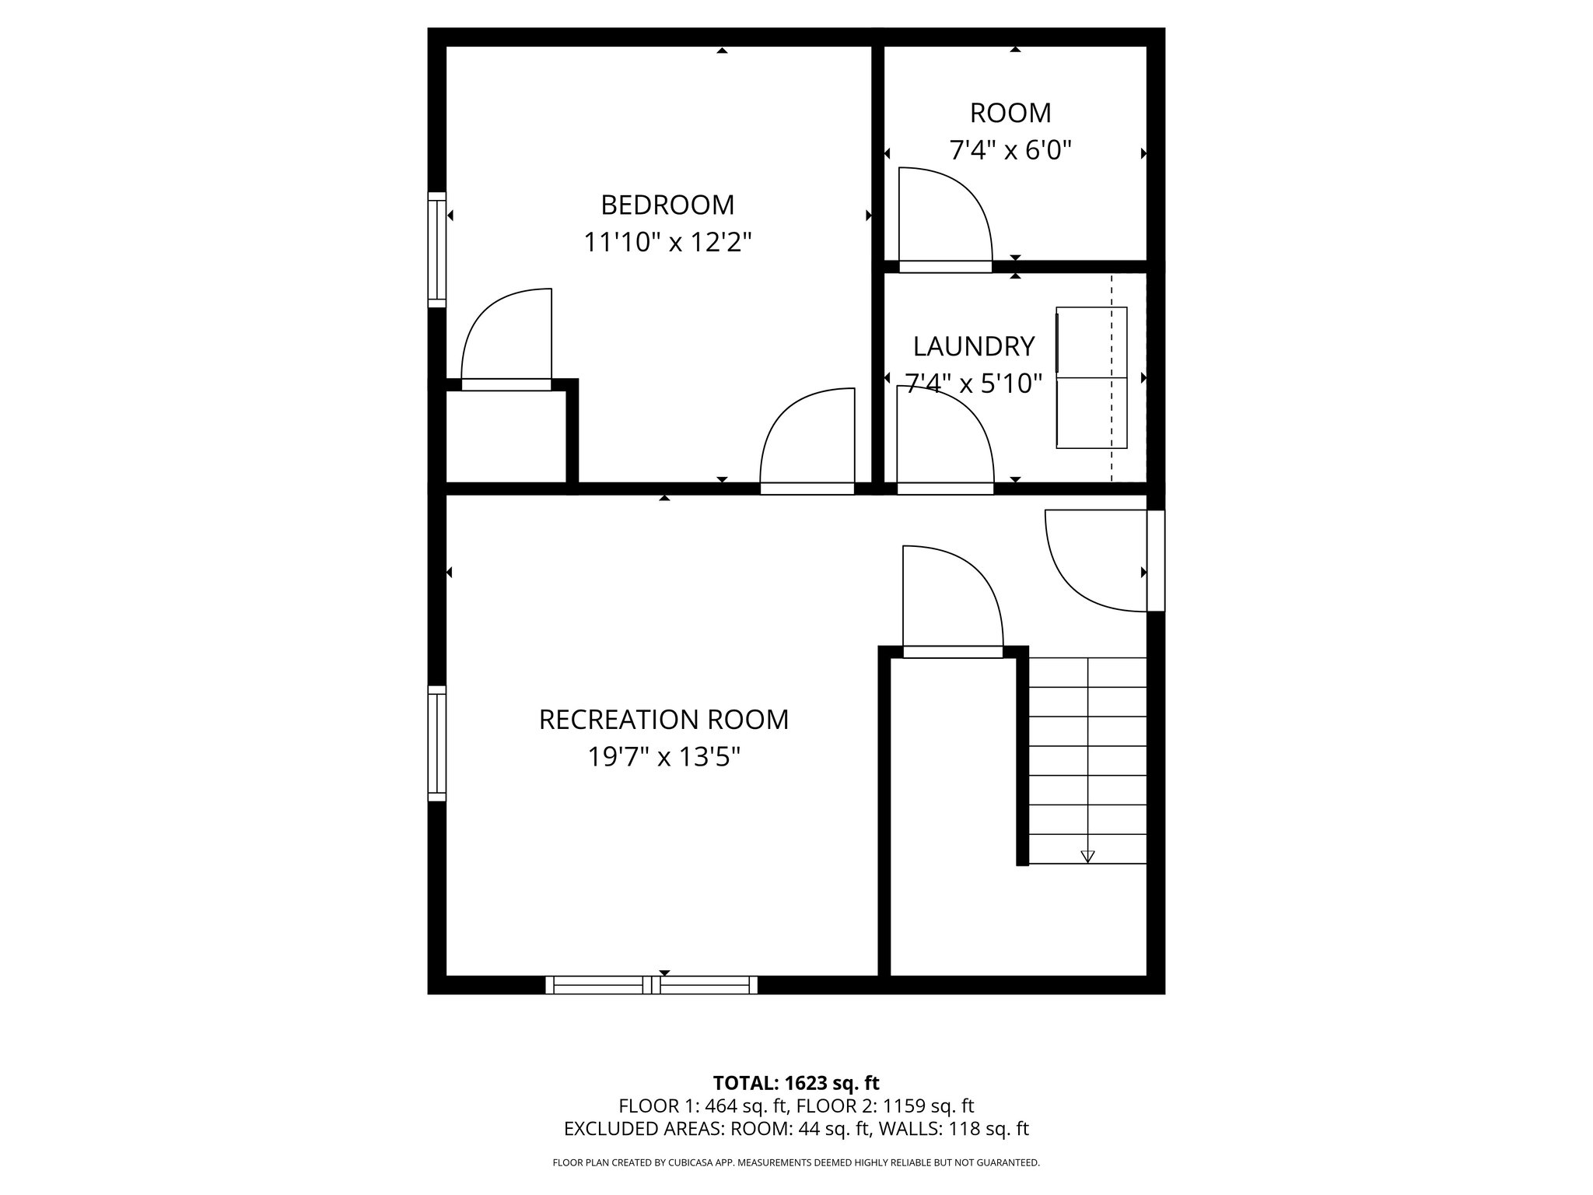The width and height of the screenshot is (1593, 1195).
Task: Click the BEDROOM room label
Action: point(667,205)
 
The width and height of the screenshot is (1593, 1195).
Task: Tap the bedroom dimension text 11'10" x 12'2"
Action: point(667,243)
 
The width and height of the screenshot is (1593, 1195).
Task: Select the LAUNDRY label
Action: point(974,346)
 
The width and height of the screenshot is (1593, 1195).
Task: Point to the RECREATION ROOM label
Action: point(663,720)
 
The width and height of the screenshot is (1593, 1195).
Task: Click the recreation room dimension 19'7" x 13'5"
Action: point(663,757)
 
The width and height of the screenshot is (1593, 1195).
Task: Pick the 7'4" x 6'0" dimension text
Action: point(1010,150)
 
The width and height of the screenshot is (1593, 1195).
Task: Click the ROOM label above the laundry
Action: point(1010,114)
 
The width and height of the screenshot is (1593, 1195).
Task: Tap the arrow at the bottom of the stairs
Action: point(1087,856)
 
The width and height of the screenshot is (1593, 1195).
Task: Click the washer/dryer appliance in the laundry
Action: point(1091,377)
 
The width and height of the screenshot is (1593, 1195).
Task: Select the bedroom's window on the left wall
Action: point(437,250)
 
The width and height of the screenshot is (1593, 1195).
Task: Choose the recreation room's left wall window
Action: point(437,743)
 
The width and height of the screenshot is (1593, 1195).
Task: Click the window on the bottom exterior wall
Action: point(651,985)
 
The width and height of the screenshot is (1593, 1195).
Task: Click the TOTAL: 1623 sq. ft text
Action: point(796,1083)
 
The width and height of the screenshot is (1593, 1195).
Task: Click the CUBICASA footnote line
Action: point(796,1163)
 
